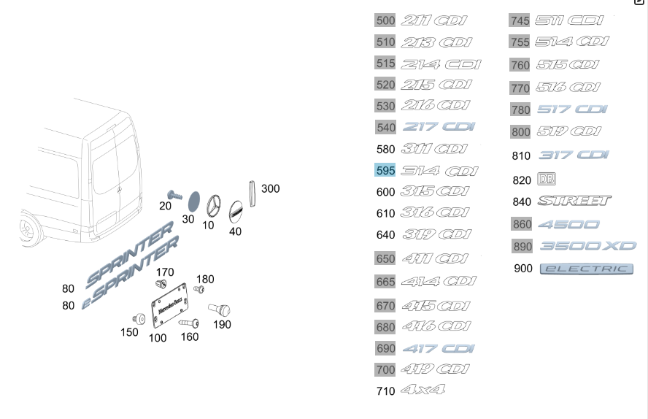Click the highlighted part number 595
(385, 171)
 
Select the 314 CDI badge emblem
(439, 172)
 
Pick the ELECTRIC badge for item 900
(587, 269)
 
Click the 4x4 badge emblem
(423, 391)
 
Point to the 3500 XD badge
(587, 246)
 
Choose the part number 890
(522, 247)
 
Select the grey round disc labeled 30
(193, 200)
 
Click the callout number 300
(270, 188)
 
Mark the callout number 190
(222, 325)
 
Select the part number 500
(385, 20)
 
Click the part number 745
(520, 20)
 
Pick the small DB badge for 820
(546, 179)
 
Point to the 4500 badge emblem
(568, 224)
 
